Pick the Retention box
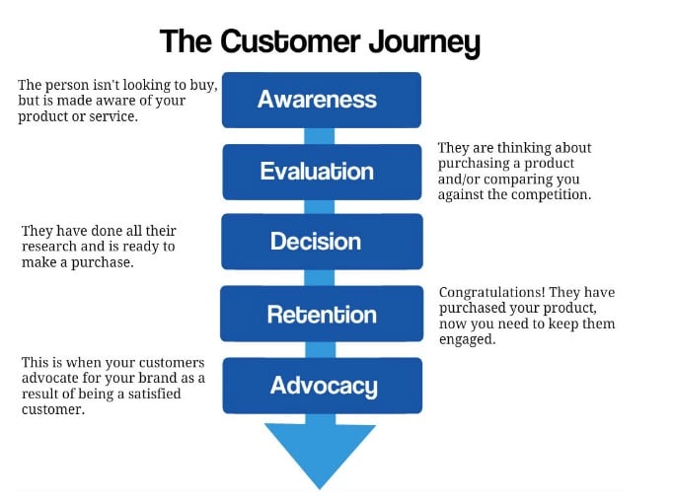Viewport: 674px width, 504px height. [x=322, y=315]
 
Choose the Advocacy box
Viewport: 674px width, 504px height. [x=322, y=385]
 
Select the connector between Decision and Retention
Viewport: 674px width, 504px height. [x=320, y=277]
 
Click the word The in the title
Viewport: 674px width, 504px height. [x=185, y=42]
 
